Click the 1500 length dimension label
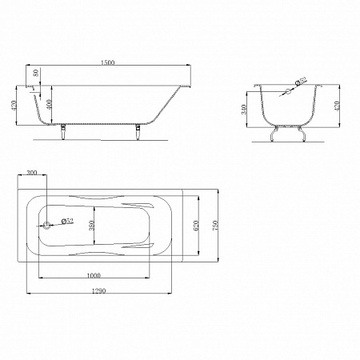point(107,62)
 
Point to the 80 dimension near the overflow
point(36,72)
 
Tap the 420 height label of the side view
point(14,106)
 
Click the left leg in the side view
point(63,132)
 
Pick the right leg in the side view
point(138,132)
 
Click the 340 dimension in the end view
point(244,110)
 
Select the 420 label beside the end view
point(337,106)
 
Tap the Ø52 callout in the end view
point(301,81)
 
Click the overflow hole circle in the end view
point(288,91)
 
